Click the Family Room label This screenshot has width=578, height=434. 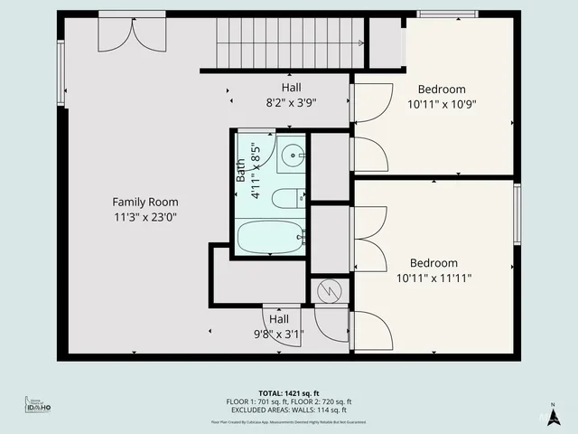144,202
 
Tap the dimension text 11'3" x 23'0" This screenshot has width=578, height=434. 144,217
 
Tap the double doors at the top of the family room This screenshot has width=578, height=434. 132,34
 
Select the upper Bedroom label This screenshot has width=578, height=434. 442,89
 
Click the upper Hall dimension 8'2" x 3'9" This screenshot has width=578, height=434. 291,102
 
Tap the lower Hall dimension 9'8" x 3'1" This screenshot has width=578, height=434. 278,334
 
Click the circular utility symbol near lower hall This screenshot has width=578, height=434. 330,291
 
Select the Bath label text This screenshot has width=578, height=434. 241,170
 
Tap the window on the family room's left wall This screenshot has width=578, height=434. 61,72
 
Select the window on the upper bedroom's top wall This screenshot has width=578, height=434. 447,14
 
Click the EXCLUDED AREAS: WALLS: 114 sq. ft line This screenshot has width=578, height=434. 289,410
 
